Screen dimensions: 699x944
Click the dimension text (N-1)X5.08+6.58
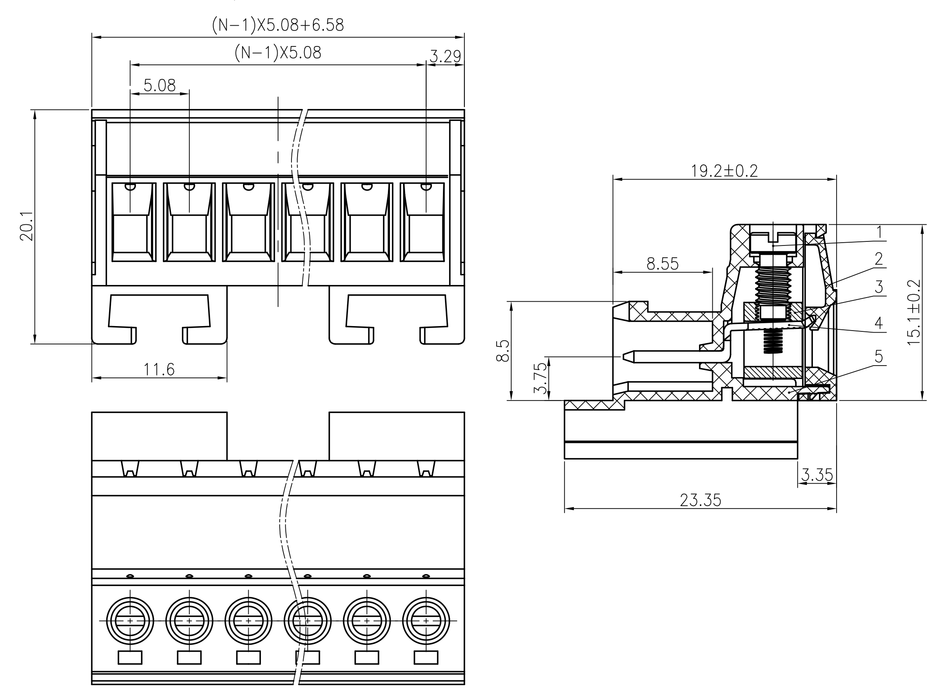(278, 25)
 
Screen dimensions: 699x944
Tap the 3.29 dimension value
(445, 56)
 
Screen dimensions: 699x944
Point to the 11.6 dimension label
(159, 370)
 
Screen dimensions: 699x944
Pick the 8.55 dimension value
(662, 264)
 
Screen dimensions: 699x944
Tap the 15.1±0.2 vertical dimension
(914, 312)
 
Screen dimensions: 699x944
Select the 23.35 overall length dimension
(700, 500)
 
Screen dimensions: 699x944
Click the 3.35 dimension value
(817, 475)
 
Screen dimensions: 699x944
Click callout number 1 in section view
(879, 232)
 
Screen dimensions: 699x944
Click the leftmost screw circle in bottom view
(130, 621)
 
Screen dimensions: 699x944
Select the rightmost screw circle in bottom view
(426, 621)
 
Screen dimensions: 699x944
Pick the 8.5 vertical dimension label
(502, 351)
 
